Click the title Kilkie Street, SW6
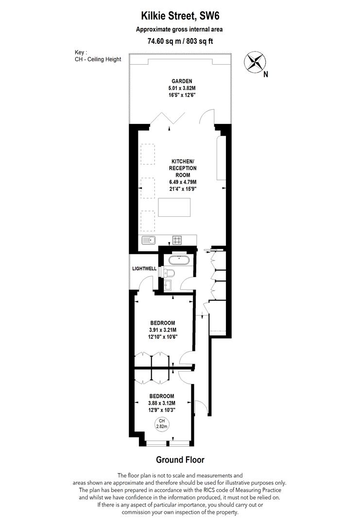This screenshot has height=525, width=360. pyautogui.click(x=179, y=17)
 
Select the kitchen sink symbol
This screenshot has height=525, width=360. pyautogui.click(x=148, y=239)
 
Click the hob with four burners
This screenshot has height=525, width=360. pyautogui.click(x=177, y=240)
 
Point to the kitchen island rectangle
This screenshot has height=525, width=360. pyautogui.click(x=174, y=208)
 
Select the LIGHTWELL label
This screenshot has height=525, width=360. pyautogui.click(x=143, y=268)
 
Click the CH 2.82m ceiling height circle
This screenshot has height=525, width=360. pyautogui.click(x=161, y=423)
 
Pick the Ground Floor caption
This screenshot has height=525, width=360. pyautogui.click(x=180, y=459)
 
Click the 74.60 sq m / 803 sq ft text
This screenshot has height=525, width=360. pyautogui.click(x=179, y=41)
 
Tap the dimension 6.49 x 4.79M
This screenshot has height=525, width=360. pyautogui.click(x=180, y=182)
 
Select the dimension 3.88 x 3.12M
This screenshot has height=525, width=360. pyautogui.click(x=161, y=403)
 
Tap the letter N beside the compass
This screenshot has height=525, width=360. pyautogui.click(x=266, y=75)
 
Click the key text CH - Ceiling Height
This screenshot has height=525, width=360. pyautogui.click(x=95, y=59)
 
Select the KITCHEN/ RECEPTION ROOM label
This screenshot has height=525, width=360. pyautogui.click(x=180, y=168)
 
